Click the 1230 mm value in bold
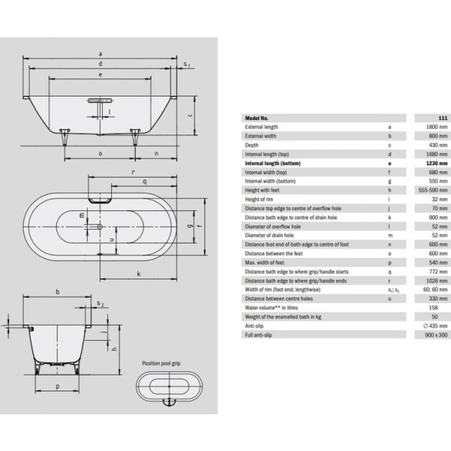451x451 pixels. click(x=430, y=163)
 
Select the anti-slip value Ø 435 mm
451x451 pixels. click(x=429, y=325)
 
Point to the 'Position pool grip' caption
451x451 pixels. click(x=162, y=362)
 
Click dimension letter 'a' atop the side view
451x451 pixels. click(x=101, y=53)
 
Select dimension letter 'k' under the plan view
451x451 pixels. click(x=138, y=273)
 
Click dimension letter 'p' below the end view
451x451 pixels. click(x=57, y=386)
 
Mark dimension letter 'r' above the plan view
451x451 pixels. click(x=132, y=171)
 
